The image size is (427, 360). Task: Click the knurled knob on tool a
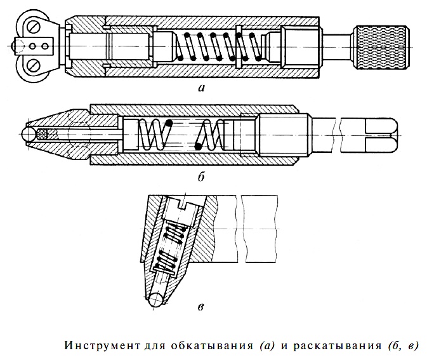point(382,47)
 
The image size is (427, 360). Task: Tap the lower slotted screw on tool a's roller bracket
point(35,65)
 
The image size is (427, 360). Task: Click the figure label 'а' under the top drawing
point(202,88)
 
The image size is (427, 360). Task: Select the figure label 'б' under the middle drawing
point(201,177)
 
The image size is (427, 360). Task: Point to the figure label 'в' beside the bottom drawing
point(200,307)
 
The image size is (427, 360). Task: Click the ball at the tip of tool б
point(29,135)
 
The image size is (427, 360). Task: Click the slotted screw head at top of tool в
point(184,210)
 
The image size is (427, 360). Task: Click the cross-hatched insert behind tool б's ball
point(43,135)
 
